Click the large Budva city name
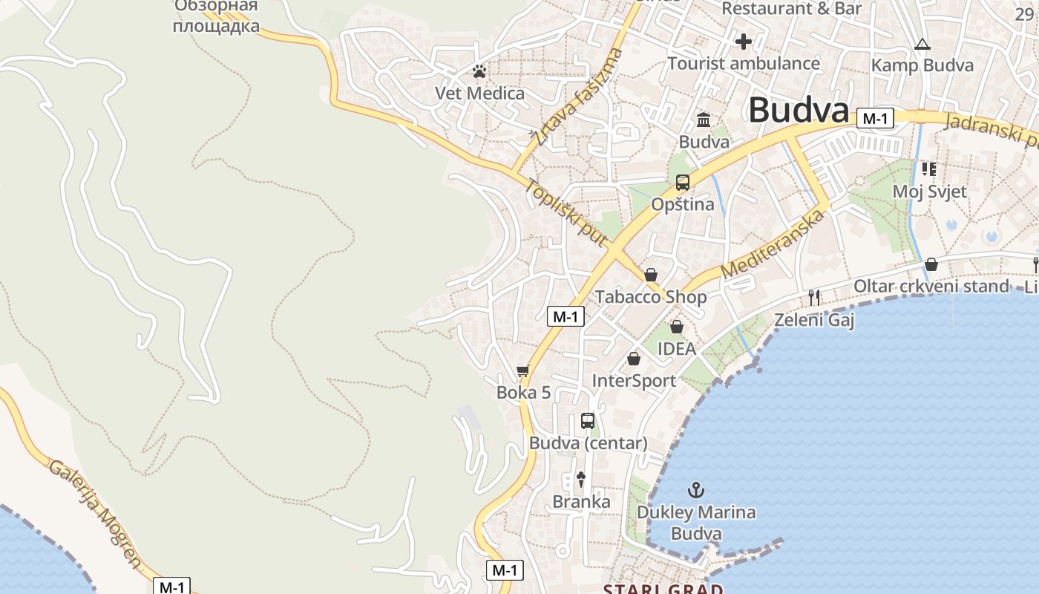pos(799,110)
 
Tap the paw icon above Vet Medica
pos(480,72)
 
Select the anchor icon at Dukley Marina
pos(696,490)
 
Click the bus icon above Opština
pos(683,183)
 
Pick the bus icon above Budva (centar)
pos(588,421)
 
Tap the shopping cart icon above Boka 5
pos(523,371)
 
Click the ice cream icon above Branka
pos(581,480)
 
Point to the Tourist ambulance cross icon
pos(743,42)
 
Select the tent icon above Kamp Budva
pos(922,44)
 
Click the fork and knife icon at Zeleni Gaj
pos(814,298)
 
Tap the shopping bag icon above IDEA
pos(677,327)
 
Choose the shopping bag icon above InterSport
pos(634,359)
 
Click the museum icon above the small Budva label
pos(704,120)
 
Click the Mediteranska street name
pos(773,244)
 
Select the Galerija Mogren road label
pos(94,513)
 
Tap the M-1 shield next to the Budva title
pos(875,118)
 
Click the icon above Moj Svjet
pos(929,169)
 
